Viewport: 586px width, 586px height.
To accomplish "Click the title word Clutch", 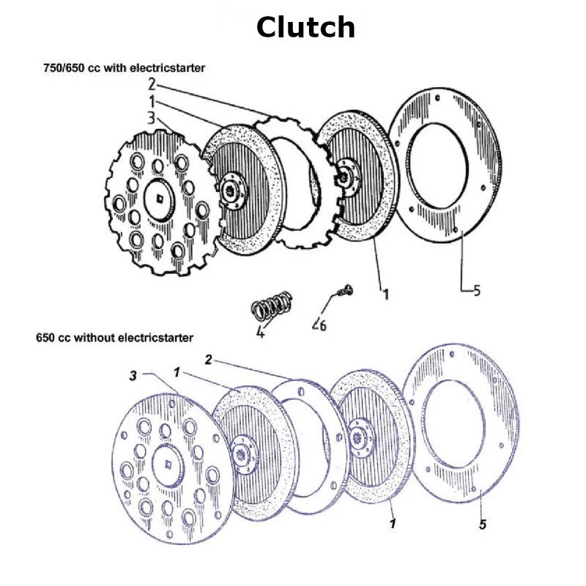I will (305, 28).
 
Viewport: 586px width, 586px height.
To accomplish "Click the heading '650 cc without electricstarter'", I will (114, 338).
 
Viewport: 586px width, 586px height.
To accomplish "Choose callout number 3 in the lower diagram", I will (132, 375).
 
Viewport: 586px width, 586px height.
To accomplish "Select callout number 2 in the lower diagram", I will (208, 360).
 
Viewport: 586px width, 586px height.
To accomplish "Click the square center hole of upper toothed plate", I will (160, 196).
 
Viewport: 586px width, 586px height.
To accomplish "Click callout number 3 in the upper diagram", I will (150, 117).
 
